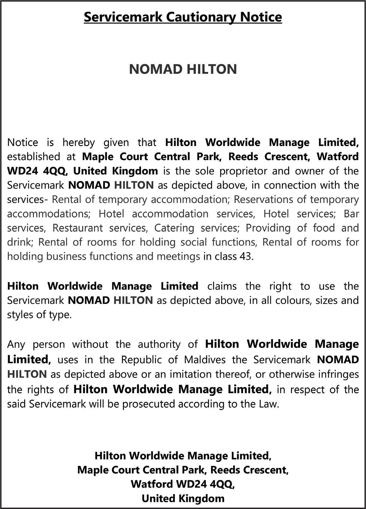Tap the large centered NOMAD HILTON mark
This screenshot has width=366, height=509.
183,69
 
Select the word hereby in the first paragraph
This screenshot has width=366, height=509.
78,142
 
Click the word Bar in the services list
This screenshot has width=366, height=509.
351,214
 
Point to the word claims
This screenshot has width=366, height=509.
222,286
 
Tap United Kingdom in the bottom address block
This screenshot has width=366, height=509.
183,499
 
